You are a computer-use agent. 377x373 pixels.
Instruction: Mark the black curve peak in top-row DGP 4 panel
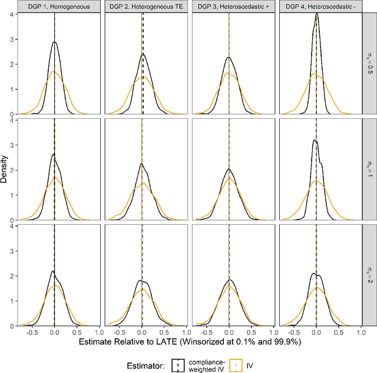pos(317,14)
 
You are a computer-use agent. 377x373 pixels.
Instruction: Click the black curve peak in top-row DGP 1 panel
pos(54,42)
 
